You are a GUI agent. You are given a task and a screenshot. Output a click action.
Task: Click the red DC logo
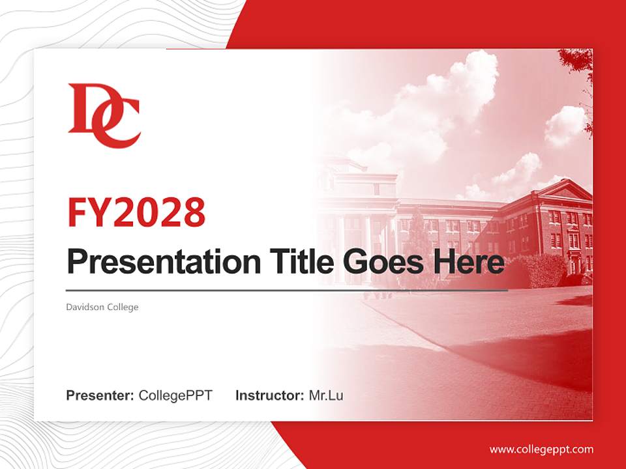tap(103, 115)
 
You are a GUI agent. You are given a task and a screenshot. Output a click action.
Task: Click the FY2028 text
tap(136, 212)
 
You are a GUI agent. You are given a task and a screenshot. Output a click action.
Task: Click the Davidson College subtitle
tap(102, 307)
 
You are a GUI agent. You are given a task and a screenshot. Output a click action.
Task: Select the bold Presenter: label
tap(100, 395)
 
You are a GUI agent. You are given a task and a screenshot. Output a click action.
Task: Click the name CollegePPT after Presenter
tap(175, 395)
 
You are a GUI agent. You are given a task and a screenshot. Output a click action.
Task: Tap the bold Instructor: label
tap(269, 395)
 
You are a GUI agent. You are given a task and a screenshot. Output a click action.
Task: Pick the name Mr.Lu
tap(326, 395)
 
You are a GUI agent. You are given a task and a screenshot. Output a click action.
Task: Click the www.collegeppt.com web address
tap(541, 449)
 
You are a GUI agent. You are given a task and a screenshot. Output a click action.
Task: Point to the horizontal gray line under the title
tap(287, 291)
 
